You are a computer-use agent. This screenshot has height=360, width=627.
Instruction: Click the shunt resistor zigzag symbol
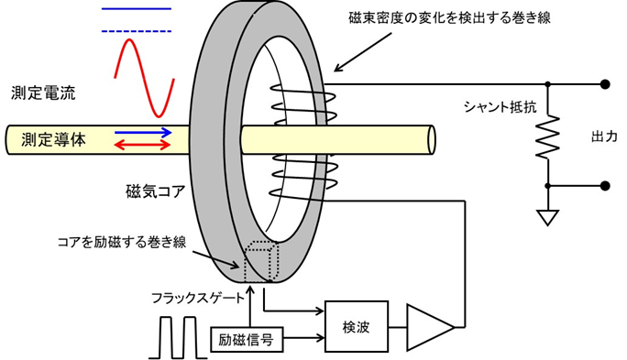[x=548, y=137]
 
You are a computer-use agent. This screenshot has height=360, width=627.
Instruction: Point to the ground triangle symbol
[x=548, y=218]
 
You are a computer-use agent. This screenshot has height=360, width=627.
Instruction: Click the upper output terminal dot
[x=604, y=84]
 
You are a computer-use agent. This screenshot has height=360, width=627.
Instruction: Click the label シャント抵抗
[x=498, y=106]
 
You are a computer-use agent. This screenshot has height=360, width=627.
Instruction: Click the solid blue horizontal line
[x=136, y=8]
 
